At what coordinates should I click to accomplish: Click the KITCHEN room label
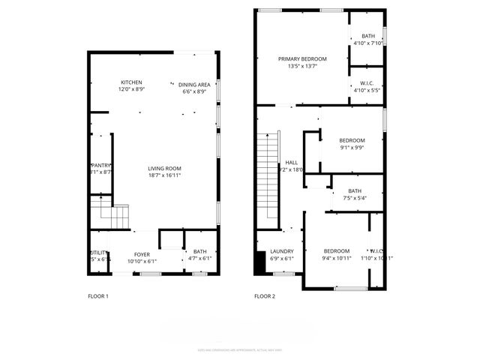click(x=131, y=82)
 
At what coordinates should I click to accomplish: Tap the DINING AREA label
click(x=193, y=84)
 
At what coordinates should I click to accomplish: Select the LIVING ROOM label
click(x=163, y=168)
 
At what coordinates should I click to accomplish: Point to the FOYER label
click(x=142, y=253)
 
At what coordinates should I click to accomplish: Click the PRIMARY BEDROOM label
click(x=302, y=58)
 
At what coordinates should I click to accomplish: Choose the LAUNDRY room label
click(x=282, y=251)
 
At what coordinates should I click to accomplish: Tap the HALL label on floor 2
click(x=291, y=163)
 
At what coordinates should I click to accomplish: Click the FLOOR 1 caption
click(x=98, y=296)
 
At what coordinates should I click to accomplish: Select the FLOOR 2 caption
click(x=265, y=296)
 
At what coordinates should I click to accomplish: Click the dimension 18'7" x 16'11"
click(x=163, y=175)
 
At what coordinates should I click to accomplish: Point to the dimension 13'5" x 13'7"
click(x=302, y=66)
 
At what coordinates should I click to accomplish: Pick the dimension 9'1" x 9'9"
click(x=352, y=148)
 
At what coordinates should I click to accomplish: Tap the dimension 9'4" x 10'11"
click(x=337, y=258)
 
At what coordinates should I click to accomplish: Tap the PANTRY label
click(x=101, y=165)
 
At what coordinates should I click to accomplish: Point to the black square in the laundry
click(x=260, y=264)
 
